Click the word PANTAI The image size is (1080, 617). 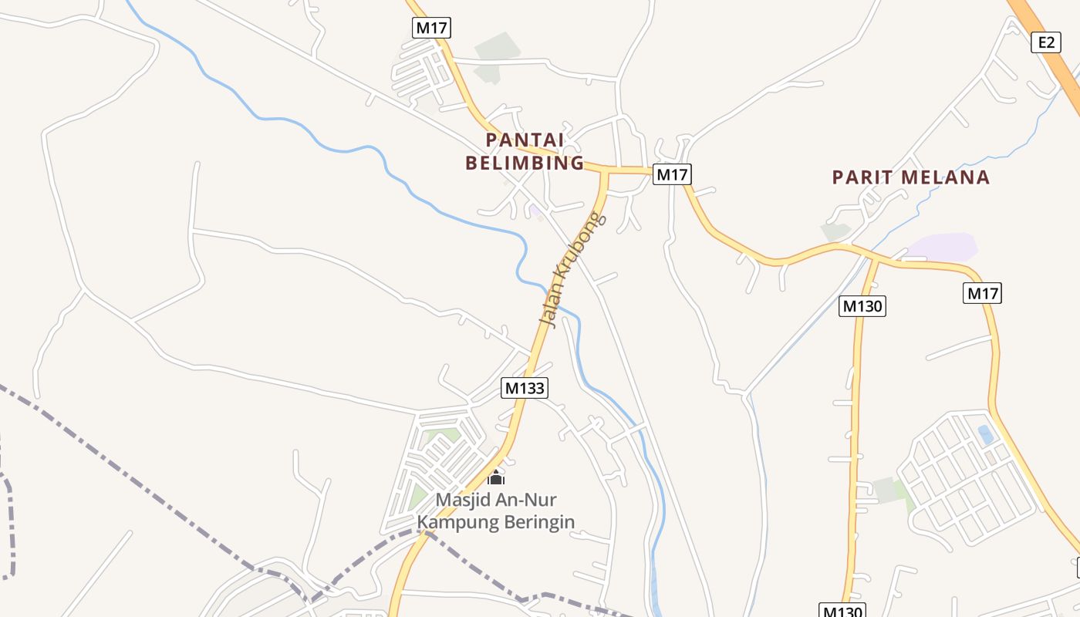[x=525, y=140]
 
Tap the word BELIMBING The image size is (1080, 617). [x=525, y=163]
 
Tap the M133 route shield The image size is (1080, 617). [x=525, y=388]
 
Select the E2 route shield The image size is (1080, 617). [x=1045, y=42]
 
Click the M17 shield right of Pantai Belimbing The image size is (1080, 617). [x=672, y=174]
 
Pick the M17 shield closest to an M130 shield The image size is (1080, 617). [x=982, y=293]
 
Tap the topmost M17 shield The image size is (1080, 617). [x=431, y=28]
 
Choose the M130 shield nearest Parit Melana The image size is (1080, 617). [x=862, y=306]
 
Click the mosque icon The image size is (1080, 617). [x=496, y=477]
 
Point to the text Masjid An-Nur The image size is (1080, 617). [x=495, y=500]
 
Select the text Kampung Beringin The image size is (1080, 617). [x=495, y=522]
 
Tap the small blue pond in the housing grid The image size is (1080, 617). [x=985, y=434]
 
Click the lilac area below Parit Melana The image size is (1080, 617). [x=943, y=247]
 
